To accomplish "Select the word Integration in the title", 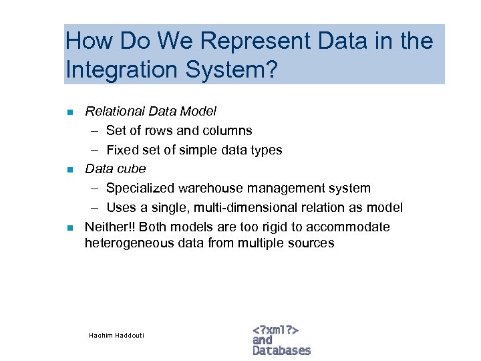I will [x=121, y=69].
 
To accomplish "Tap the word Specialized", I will [x=140, y=189].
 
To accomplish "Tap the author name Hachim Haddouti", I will [x=116, y=335].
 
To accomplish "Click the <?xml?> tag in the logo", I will [x=275, y=330].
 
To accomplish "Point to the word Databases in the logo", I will [x=281, y=350].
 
